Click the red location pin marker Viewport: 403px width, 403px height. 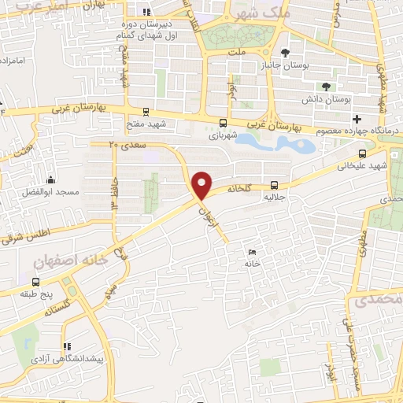click(x=203, y=184)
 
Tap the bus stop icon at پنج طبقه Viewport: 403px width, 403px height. click(x=35, y=282)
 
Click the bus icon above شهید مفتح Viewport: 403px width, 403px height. click(x=146, y=112)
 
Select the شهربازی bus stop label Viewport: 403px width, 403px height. click(x=223, y=135)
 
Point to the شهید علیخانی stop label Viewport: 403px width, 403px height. click(x=363, y=167)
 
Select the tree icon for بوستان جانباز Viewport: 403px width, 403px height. click(x=294, y=54)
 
